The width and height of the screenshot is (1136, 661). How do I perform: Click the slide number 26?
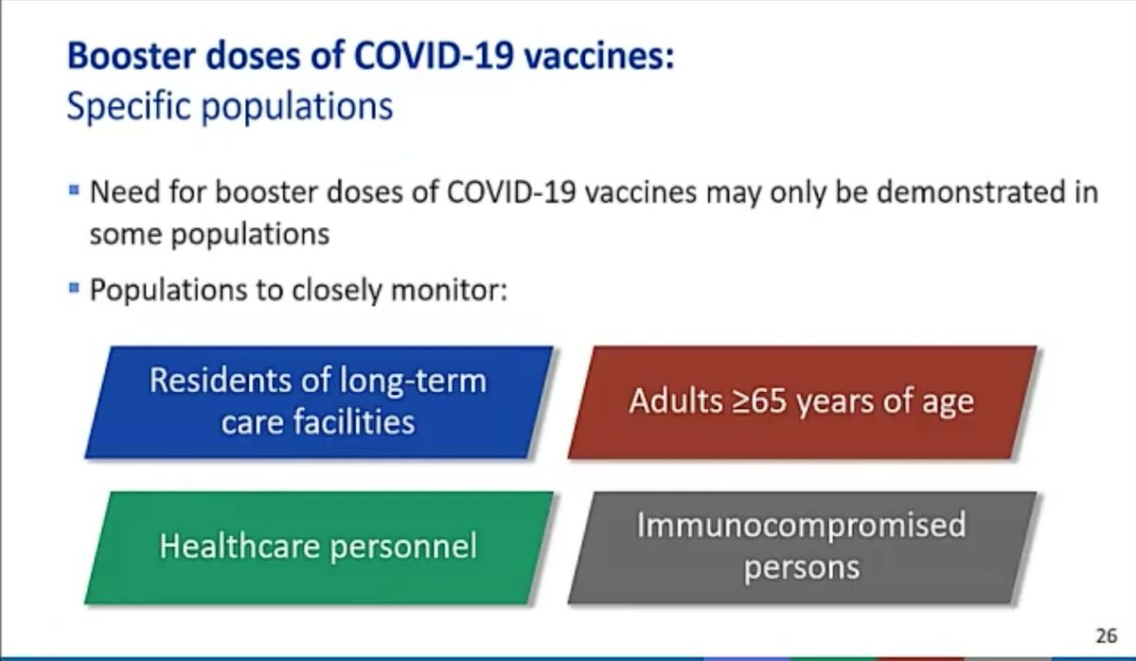point(1106,635)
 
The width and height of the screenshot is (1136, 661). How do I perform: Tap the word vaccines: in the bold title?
point(599,57)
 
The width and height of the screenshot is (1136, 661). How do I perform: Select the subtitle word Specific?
point(129,107)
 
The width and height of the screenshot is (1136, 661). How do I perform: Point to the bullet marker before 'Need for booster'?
point(74,190)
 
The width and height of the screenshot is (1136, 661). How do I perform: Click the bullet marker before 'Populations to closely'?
point(74,288)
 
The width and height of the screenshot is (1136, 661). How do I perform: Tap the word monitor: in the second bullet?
point(449,290)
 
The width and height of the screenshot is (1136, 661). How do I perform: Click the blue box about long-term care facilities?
point(318,402)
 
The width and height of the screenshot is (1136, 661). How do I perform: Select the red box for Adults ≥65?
point(802,402)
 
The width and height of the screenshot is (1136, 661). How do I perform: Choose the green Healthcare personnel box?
point(318,547)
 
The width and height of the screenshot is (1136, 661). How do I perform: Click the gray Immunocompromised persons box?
point(802,547)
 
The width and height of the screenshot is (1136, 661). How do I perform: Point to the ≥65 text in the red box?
point(758,402)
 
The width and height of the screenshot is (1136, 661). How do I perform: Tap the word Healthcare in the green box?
point(240,546)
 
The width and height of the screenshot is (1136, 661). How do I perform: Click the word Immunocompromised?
point(801,526)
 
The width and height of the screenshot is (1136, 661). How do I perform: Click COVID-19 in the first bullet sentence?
point(510,192)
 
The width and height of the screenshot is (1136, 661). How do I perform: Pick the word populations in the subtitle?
point(297,109)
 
